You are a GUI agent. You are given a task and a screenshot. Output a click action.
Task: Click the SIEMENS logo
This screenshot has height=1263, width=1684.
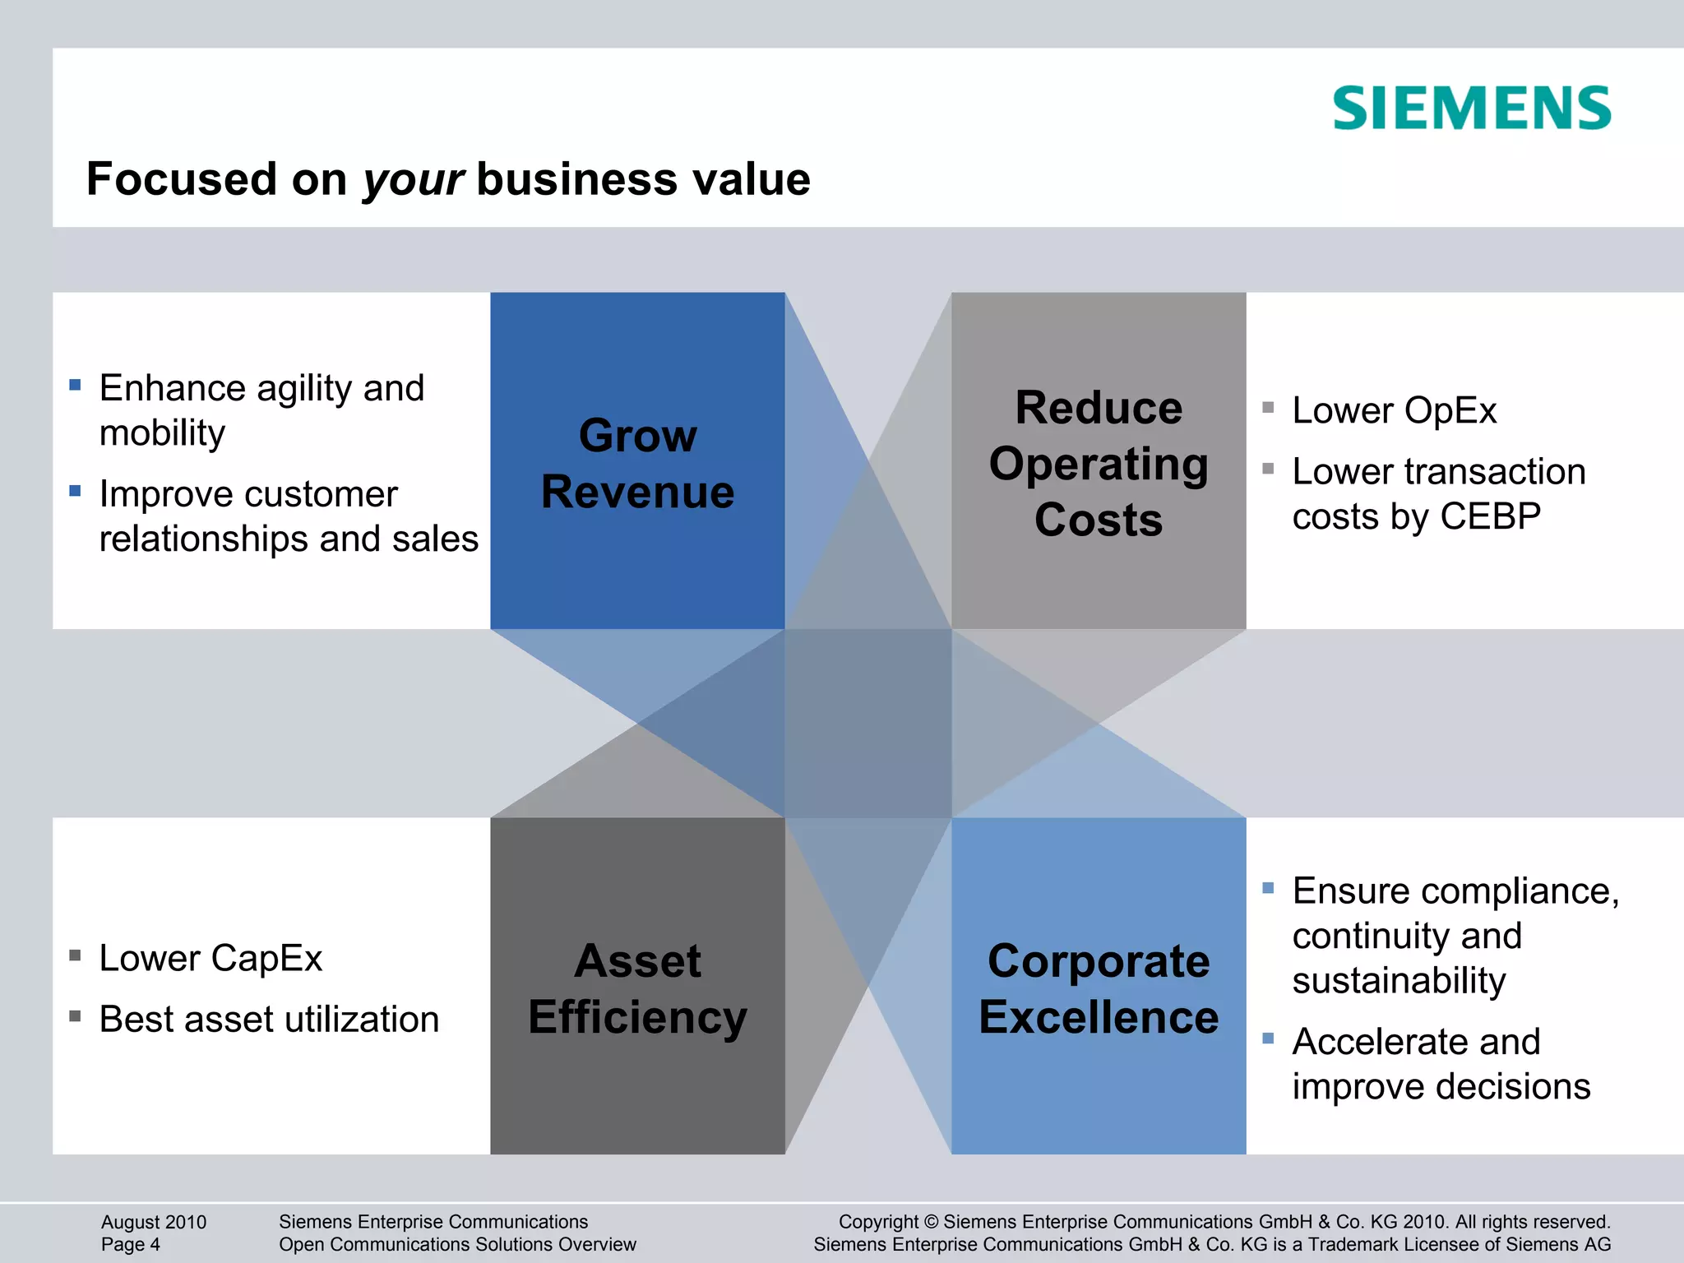click(x=1471, y=109)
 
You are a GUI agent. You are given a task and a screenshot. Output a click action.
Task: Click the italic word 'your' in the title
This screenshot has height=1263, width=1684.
click(x=414, y=180)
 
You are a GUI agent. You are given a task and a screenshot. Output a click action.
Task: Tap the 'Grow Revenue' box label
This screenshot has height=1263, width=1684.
click(x=637, y=463)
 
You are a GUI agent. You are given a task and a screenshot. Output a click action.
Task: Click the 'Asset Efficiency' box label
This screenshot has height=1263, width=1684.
click(x=637, y=988)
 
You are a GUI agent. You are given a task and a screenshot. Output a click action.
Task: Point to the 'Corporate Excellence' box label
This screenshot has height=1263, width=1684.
click(x=1099, y=988)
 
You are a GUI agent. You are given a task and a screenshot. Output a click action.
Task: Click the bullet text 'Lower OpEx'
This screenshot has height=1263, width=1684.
click(x=1394, y=410)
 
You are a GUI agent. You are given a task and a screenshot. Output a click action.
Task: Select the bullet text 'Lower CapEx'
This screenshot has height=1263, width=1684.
click(x=210, y=958)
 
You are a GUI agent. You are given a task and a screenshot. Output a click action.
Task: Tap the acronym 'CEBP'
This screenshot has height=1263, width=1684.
click(x=1490, y=516)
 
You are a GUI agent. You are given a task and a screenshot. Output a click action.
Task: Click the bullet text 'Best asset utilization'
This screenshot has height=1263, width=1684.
click(x=269, y=1020)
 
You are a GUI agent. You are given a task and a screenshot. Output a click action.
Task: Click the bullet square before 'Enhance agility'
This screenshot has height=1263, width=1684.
click(x=75, y=385)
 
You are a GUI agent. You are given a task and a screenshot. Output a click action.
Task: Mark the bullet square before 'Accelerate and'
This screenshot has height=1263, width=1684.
click(x=1268, y=1039)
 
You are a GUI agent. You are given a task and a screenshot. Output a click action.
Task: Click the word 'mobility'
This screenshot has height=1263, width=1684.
click(x=162, y=433)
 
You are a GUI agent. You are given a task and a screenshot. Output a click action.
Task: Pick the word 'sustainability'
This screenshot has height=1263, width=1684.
click(x=1399, y=981)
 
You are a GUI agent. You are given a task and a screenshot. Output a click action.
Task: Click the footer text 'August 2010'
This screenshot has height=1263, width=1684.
click(x=154, y=1222)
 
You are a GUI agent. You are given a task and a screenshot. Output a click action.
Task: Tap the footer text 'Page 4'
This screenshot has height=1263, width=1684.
click(x=131, y=1244)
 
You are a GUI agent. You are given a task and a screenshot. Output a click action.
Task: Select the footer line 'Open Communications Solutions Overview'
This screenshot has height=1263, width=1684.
click(x=457, y=1244)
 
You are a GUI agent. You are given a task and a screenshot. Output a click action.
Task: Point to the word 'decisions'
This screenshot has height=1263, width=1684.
click(x=1509, y=1087)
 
